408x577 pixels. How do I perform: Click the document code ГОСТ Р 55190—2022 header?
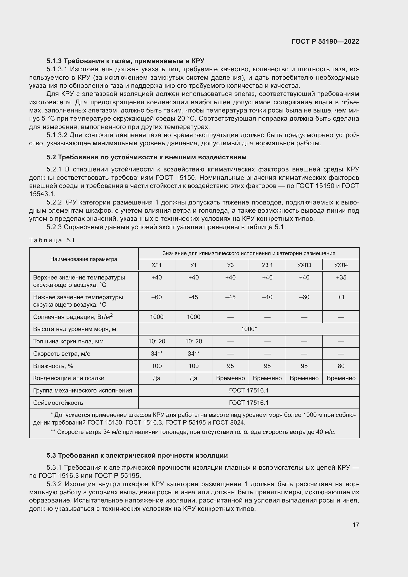(325, 41)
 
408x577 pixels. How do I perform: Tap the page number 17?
(356, 525)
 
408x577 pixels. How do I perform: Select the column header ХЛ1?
(157, 265)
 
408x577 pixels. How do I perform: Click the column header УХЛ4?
(341, 265)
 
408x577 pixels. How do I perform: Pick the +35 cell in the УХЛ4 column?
(341, 278)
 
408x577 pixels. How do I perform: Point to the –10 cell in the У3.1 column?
(267, 297)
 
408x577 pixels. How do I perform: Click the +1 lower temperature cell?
(341, 297)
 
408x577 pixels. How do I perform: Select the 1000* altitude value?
(249, 329)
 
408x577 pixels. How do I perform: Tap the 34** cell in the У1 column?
(193, 354)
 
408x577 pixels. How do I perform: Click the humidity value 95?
(230, 366)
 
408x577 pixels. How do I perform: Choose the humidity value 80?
(341, 366)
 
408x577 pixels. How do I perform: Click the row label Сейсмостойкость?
(58, 403)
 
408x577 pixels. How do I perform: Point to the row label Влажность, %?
(53, 366)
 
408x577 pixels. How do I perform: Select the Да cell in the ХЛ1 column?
(157, 378)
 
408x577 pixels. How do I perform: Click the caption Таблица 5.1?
(52, 240)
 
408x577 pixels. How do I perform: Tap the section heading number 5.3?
(51, 455)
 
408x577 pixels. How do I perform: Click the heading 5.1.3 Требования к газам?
(125, 61)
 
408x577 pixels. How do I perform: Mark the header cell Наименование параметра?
(84, 259)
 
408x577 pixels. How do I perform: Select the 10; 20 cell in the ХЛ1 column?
(157, 341)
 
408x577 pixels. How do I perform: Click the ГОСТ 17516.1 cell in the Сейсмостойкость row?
(249, 403)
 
